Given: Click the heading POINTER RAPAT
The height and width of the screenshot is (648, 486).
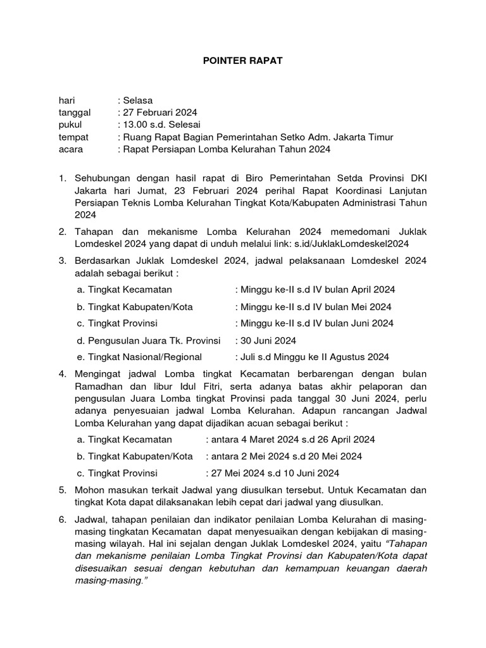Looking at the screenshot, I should [x=242, y=61].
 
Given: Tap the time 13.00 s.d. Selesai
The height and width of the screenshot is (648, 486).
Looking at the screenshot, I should [x=163, y=125].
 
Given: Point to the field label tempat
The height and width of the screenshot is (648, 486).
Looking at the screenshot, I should [x=73, y=137].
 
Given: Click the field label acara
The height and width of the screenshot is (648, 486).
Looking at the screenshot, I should [x=71, y=149].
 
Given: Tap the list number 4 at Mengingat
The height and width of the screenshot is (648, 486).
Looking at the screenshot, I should [x=63, y=374].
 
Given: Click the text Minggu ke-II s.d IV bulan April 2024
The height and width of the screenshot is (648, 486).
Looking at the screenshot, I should [x=317, y=289].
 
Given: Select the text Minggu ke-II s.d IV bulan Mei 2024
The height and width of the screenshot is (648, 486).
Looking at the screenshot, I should [x=315, y=306].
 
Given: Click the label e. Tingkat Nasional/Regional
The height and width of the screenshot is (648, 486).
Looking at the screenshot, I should [x=139, y=356].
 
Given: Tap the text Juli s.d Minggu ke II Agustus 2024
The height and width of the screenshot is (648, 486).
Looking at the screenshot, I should [x=313, y=356].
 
